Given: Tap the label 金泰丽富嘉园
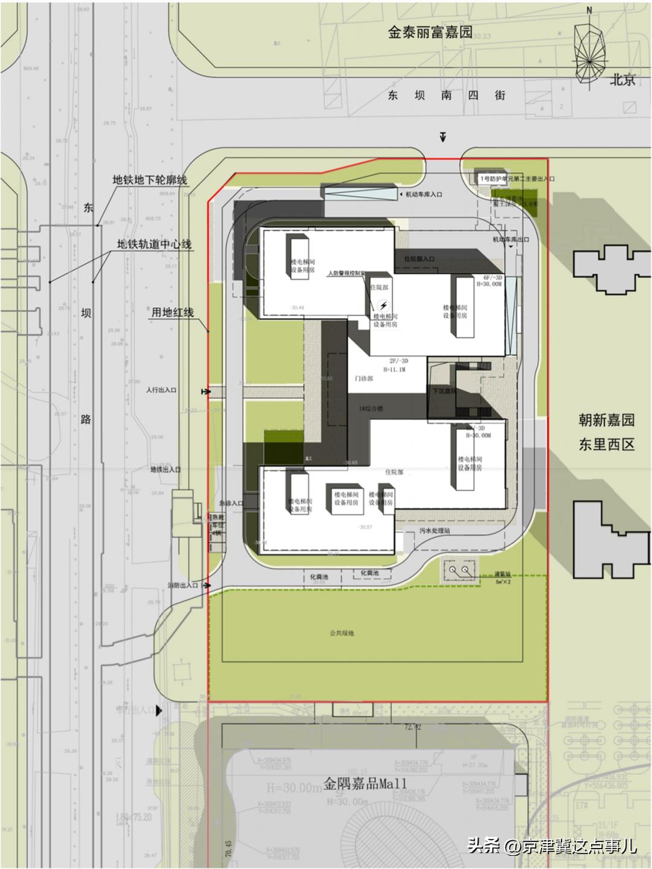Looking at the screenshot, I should coord(430,33).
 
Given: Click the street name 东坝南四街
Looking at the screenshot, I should coord(446,95).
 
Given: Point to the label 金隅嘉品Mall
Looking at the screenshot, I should coord(365,785).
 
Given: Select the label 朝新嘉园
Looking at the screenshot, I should coord(606,421).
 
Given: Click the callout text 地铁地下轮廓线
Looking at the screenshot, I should coord(150,180).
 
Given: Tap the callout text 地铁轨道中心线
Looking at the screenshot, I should coord(154,244).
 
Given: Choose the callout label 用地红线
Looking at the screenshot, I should coord(172,313).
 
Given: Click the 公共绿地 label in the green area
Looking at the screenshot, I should coord(342,633).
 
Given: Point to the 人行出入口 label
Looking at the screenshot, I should coord(161,390).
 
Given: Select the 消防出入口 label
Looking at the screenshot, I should coord(184,585).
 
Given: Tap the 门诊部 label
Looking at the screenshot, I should coord(363,378).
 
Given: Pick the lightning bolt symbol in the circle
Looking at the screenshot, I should coord(382,305).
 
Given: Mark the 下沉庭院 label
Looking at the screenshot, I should coord(444,391).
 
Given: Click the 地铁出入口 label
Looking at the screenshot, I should coord(165,469).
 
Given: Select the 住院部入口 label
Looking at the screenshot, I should coord(419,259).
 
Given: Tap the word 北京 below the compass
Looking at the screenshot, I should coord(622,79).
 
